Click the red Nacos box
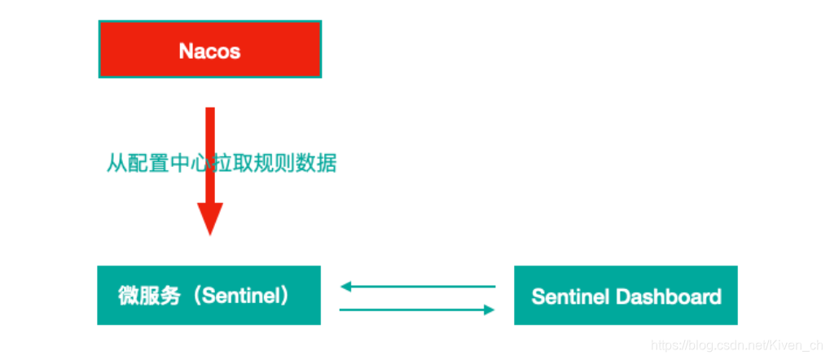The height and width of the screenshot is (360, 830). point(209,50)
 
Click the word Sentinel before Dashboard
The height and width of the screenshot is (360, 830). point(570,296)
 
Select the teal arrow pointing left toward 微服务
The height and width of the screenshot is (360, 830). point(418,286)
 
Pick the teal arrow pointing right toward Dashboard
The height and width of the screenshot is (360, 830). point(418,310)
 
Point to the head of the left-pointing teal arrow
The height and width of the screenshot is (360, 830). point(345,286)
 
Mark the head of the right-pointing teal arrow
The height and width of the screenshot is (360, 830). point(490,310)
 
